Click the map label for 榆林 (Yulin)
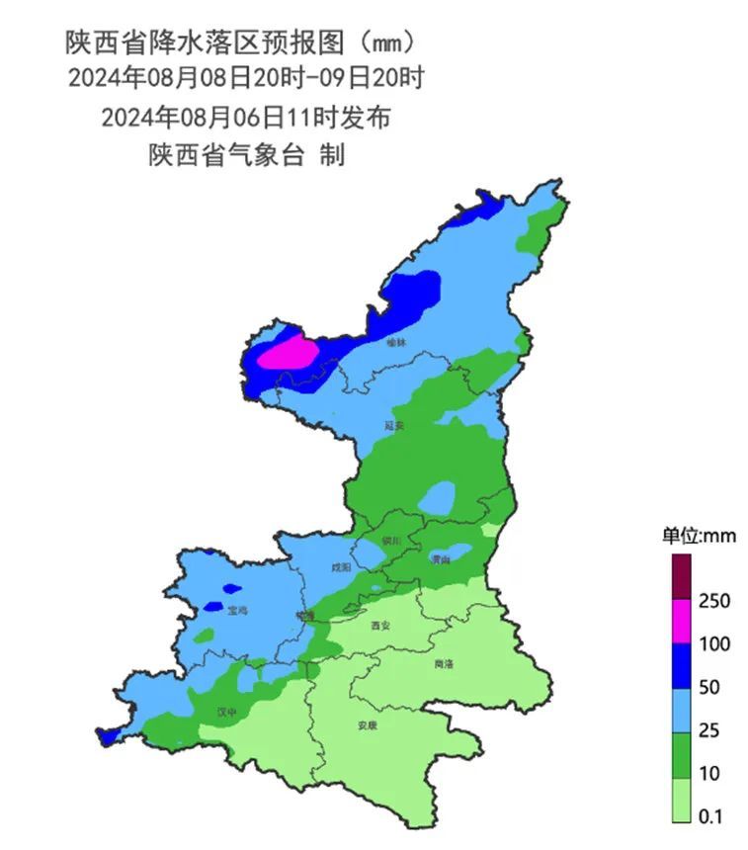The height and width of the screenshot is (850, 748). [396, 342]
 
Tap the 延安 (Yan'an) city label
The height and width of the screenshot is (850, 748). [394, 426]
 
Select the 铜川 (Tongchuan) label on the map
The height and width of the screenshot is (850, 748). [392, 541]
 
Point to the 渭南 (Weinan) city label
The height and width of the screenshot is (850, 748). [441, 559]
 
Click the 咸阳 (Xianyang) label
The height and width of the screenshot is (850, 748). [341, 567]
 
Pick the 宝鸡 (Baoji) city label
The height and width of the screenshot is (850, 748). [236, 611]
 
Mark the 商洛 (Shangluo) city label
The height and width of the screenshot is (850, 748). [445, 664]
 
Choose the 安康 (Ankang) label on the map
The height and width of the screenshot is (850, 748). [367, 724]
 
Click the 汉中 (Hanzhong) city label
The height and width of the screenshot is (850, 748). [227, 711]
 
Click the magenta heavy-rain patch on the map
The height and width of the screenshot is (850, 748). [289, 353]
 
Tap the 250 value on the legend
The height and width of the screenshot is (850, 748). [714, 601]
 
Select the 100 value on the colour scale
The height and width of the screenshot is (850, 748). [714, 644]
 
